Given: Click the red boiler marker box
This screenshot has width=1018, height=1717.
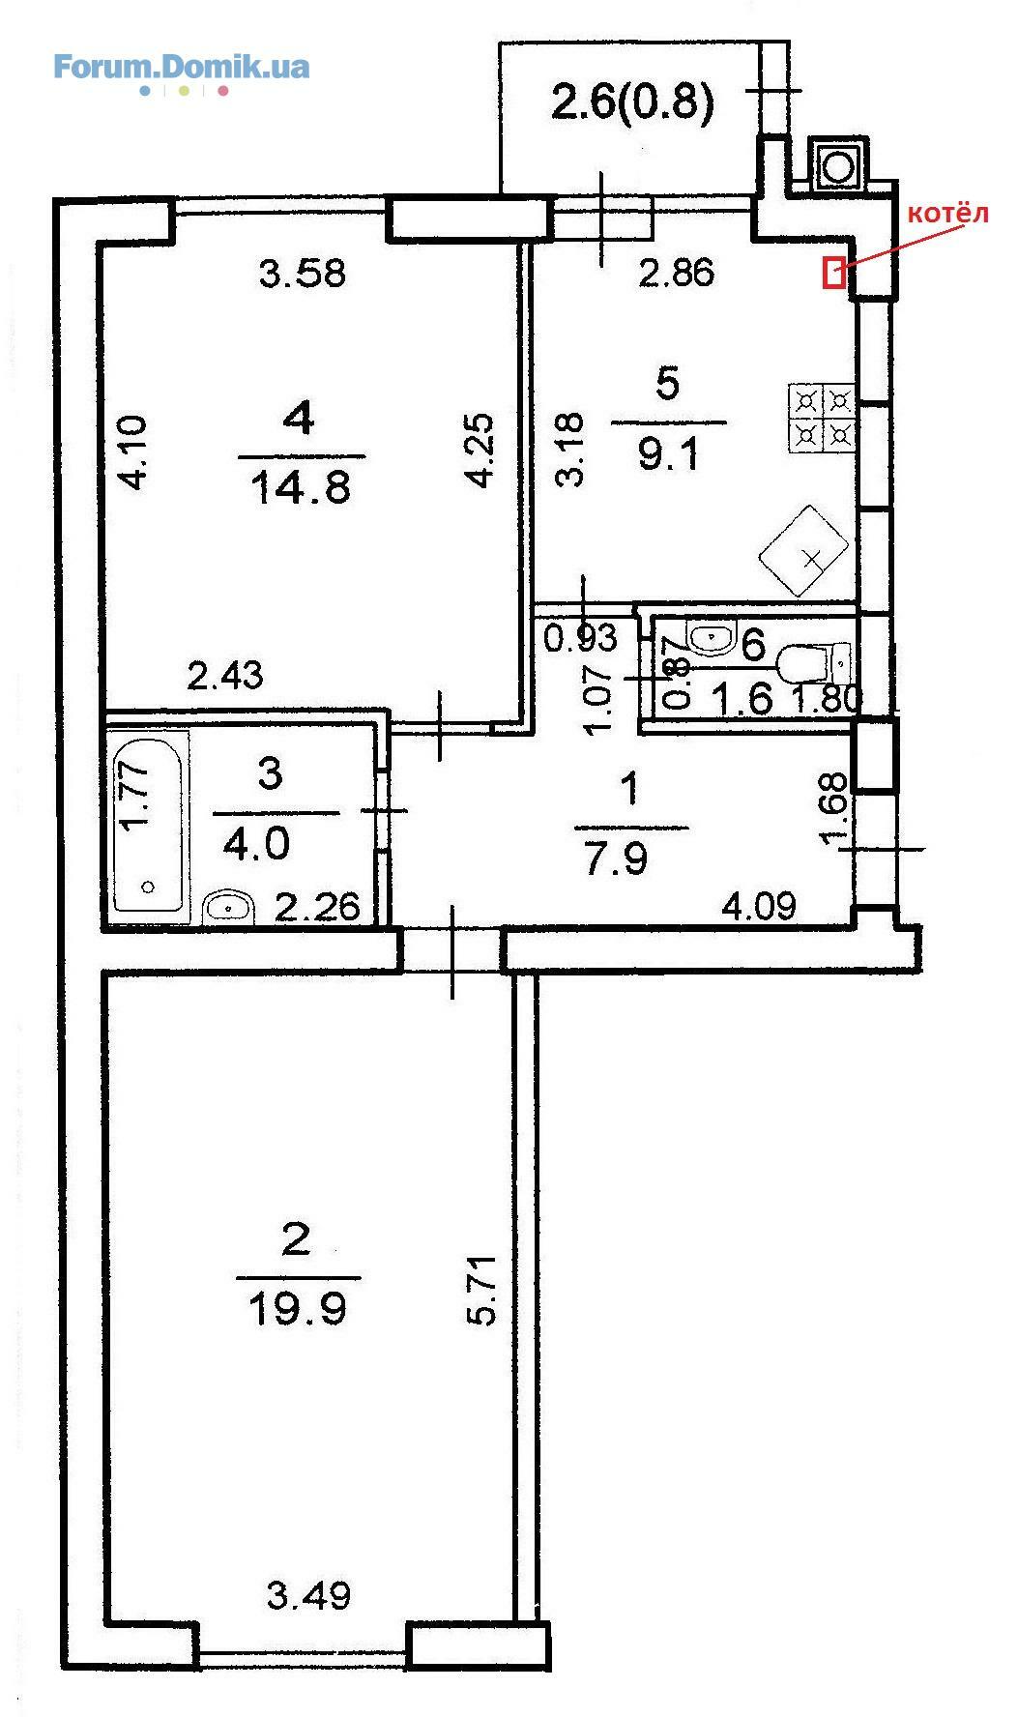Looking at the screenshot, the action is click(833, 272).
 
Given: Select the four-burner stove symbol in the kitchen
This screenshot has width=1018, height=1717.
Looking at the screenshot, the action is click(823, 419).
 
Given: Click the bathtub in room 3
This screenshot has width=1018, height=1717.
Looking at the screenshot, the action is click(149, 823).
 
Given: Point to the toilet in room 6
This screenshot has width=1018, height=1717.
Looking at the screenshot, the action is click(815, 664).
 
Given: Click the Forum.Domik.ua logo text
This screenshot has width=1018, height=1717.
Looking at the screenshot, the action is click(181, 68).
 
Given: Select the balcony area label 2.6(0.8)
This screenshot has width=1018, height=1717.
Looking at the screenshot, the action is click(632, 102).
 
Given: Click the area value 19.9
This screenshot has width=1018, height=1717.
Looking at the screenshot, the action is click(298, 1311).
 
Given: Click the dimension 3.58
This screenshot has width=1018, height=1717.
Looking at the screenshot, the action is click(303, 274).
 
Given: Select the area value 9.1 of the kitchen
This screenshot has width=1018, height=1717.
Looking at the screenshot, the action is click(668, 452).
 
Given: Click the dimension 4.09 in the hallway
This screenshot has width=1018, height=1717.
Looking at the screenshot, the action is click(760, 907).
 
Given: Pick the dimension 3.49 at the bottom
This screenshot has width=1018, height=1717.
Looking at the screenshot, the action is click(308, 1594).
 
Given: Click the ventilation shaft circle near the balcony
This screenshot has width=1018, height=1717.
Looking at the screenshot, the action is click(837, 165).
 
